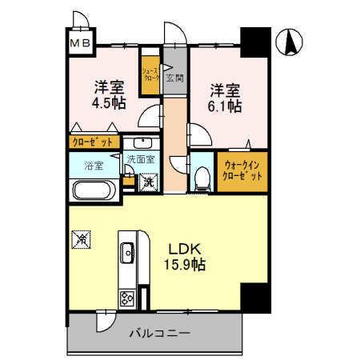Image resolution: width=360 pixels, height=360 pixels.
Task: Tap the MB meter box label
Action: tap(79, 43)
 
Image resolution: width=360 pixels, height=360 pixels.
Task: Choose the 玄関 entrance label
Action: tap(174, 78)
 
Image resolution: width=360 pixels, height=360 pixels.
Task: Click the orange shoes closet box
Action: tap(150, 75)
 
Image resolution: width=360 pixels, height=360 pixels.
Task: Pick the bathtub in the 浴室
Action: tap(94, 192)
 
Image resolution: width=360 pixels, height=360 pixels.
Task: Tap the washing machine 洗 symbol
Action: tap(148, 182)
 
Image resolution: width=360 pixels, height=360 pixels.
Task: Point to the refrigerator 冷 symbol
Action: tap(80, 237)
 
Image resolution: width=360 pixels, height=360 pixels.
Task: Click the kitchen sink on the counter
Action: tap(128, 254)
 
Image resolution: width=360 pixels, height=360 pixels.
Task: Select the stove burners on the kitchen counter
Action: tap(128, 298)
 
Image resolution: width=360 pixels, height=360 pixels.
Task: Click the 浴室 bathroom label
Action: tap(94, 166)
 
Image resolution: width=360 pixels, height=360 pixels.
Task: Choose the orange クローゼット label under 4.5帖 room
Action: tap(92, 142)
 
